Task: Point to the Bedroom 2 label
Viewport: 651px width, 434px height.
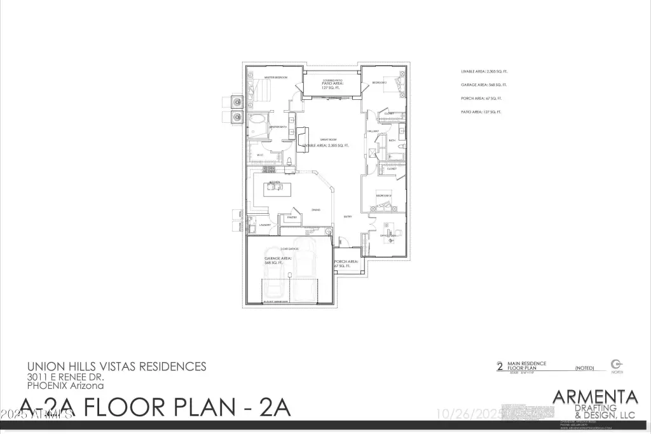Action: pos(380,83)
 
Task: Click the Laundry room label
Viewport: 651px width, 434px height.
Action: pos(265,225)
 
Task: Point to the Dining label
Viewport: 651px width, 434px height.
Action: pos(315,209)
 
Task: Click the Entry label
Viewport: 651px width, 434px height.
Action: pos(348,216)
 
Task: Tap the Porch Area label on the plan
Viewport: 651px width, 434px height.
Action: pos(346,262)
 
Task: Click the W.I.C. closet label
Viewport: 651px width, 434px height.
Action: pos(260,155)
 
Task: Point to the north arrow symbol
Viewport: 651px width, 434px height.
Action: pos(616,363)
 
